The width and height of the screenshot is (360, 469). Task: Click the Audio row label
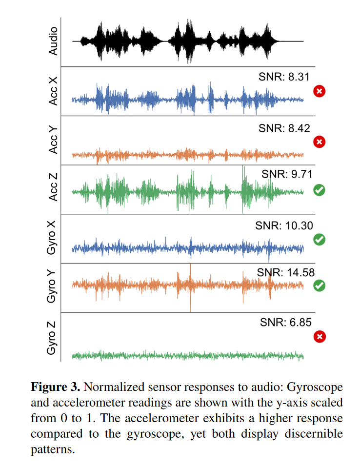pyautogui.click(x=54, y=41)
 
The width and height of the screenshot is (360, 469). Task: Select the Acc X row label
pyautogui.click(x=54, y=91)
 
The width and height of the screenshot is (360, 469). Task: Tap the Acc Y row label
pyautogui.click(x=54, y=140)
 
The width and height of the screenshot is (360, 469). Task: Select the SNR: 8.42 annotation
pyautogui.click(x=284, y=128)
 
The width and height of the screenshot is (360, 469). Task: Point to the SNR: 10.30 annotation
pyautogui.click(x=284, y=225)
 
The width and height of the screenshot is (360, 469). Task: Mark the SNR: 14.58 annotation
pyautogui.click(x=286, y=272)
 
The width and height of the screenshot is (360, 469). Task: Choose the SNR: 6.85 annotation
pyautogui.click(x=286, y=322)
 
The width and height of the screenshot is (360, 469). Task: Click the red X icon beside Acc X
pyautogui.click(x=320, y=91)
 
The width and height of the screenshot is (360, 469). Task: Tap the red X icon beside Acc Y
pyautogui.click(x=320, y=142)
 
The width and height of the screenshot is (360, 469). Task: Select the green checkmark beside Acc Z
pyautogui.click(x=320, y=190)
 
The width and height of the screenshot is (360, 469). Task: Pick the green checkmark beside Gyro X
pyautogui.click(x=320, y=240)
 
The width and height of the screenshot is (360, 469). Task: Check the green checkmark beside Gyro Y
pyautogui.click(x=320, y=285)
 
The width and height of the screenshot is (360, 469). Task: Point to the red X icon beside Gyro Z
pyautogui.click(x=320, y=337)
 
